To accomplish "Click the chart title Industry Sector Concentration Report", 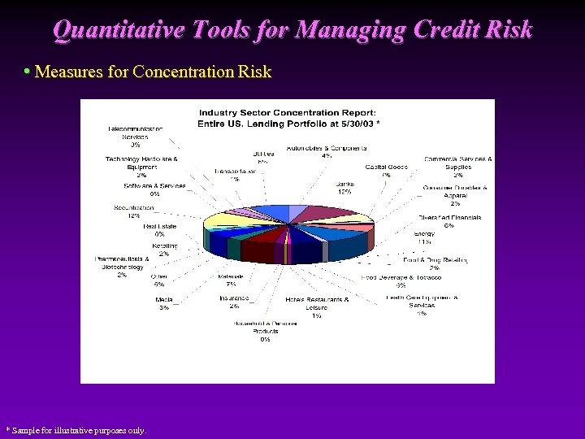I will coord(288,112).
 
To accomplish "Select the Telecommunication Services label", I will coord(135,134).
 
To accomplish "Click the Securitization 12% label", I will coord(133,211).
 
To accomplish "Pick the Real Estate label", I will coord(159,230).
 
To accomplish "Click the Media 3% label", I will coord(164,303).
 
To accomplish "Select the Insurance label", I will coord(234,302).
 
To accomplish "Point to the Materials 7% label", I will coord(231,280).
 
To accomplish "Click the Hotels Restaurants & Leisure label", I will coord(316,303).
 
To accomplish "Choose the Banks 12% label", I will coord(344,188).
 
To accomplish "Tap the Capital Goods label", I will coord(386,170).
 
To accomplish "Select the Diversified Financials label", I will coord(449,221).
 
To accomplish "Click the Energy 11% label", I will coord(423,237).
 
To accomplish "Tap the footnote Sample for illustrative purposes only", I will coord(76,430).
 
